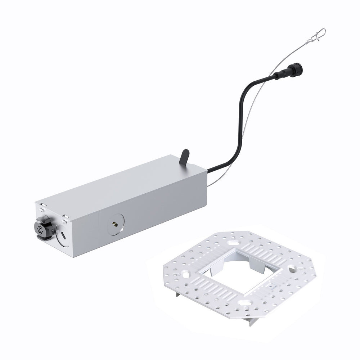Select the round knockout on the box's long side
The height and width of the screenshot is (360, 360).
point(116,224)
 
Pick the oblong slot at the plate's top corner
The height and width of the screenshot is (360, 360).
point(239,238)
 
